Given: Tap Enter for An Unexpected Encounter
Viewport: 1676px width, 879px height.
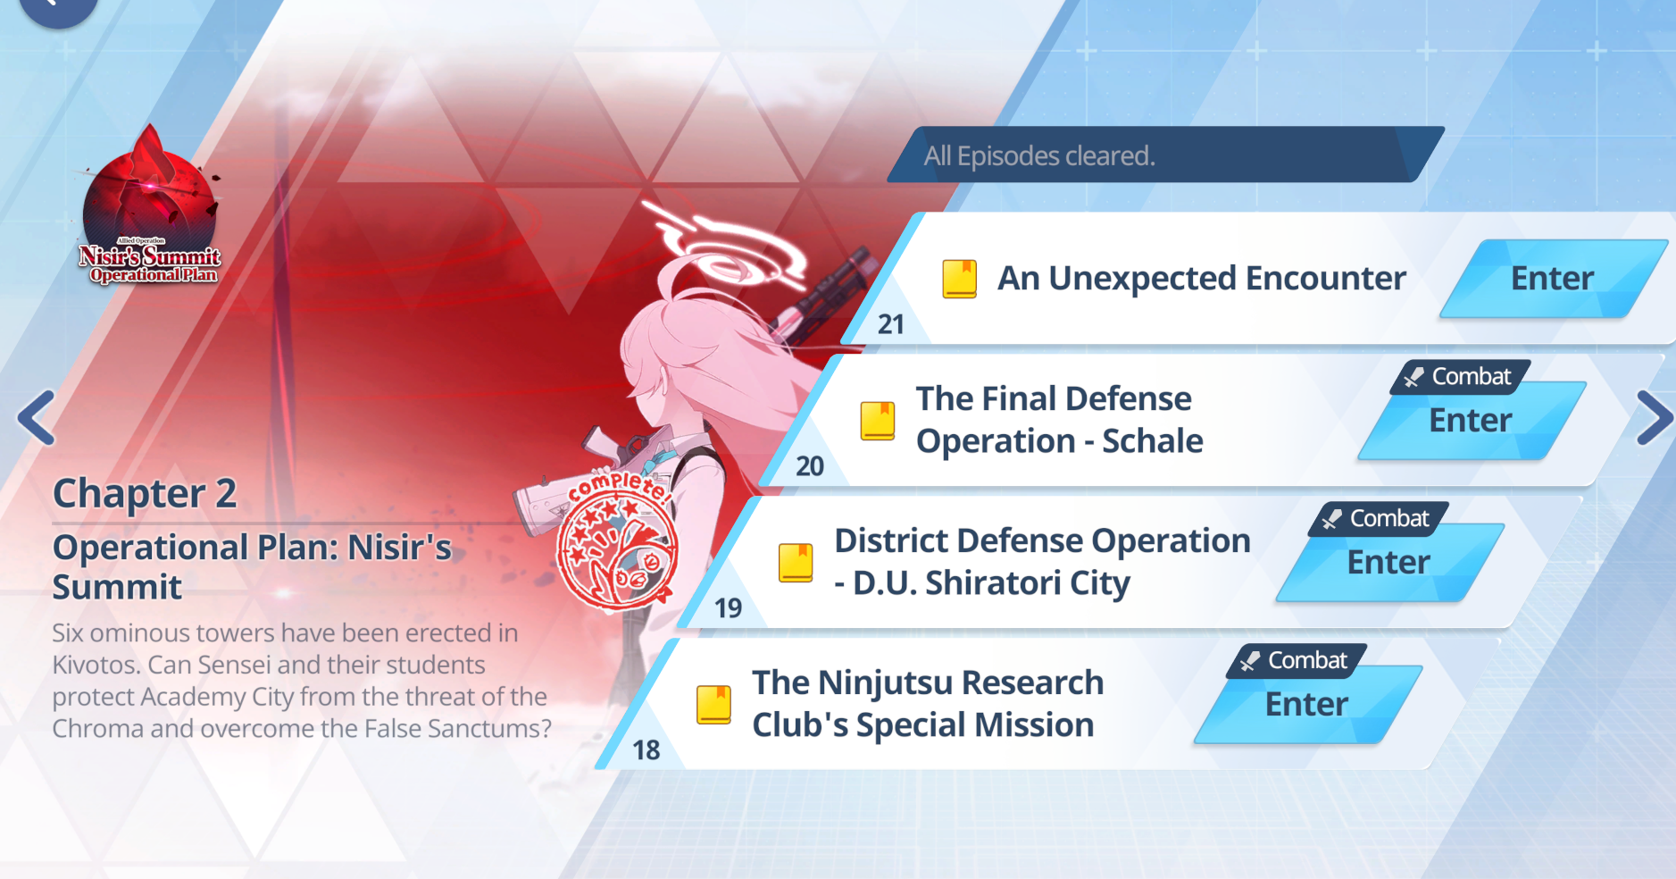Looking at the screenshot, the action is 1553,279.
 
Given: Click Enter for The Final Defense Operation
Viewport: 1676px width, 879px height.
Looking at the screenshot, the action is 1471,421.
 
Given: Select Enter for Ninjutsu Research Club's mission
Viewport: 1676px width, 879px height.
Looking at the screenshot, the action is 1307,705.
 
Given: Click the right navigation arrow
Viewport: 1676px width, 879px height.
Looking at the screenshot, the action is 1655,418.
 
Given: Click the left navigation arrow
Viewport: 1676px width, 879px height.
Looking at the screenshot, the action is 37,417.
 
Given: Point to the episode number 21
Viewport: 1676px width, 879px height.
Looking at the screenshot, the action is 891,324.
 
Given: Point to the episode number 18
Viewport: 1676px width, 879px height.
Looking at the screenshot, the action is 646,750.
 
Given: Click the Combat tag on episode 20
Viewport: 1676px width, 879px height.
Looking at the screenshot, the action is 1461,377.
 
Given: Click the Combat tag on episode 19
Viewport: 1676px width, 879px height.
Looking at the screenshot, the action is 1379,519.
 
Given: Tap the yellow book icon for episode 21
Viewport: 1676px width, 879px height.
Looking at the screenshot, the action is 960,279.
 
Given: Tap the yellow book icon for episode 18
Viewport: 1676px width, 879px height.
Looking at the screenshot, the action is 713,705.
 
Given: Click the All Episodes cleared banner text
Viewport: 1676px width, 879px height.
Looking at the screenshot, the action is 1039,156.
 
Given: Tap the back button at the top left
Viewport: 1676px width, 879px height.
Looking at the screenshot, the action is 58,9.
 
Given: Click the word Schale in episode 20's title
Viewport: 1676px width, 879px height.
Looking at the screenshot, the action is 1153,441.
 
